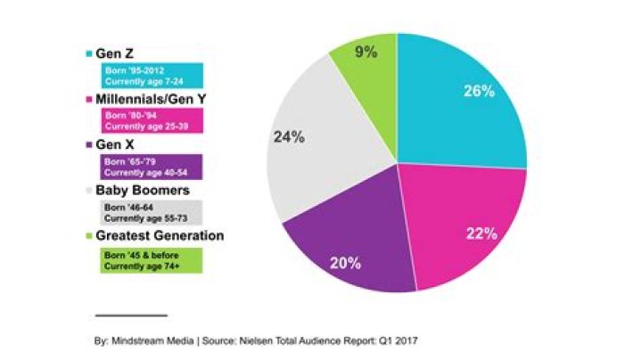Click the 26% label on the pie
[480, 92]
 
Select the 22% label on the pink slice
[481, 233]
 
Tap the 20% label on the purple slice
[344, 263]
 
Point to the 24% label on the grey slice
[288, 138]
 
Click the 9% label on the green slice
[366, 52]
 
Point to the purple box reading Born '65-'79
[151, 167]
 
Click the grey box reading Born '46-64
[151, 212]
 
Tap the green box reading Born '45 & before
[151, 259]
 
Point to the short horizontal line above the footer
[130, 315]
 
